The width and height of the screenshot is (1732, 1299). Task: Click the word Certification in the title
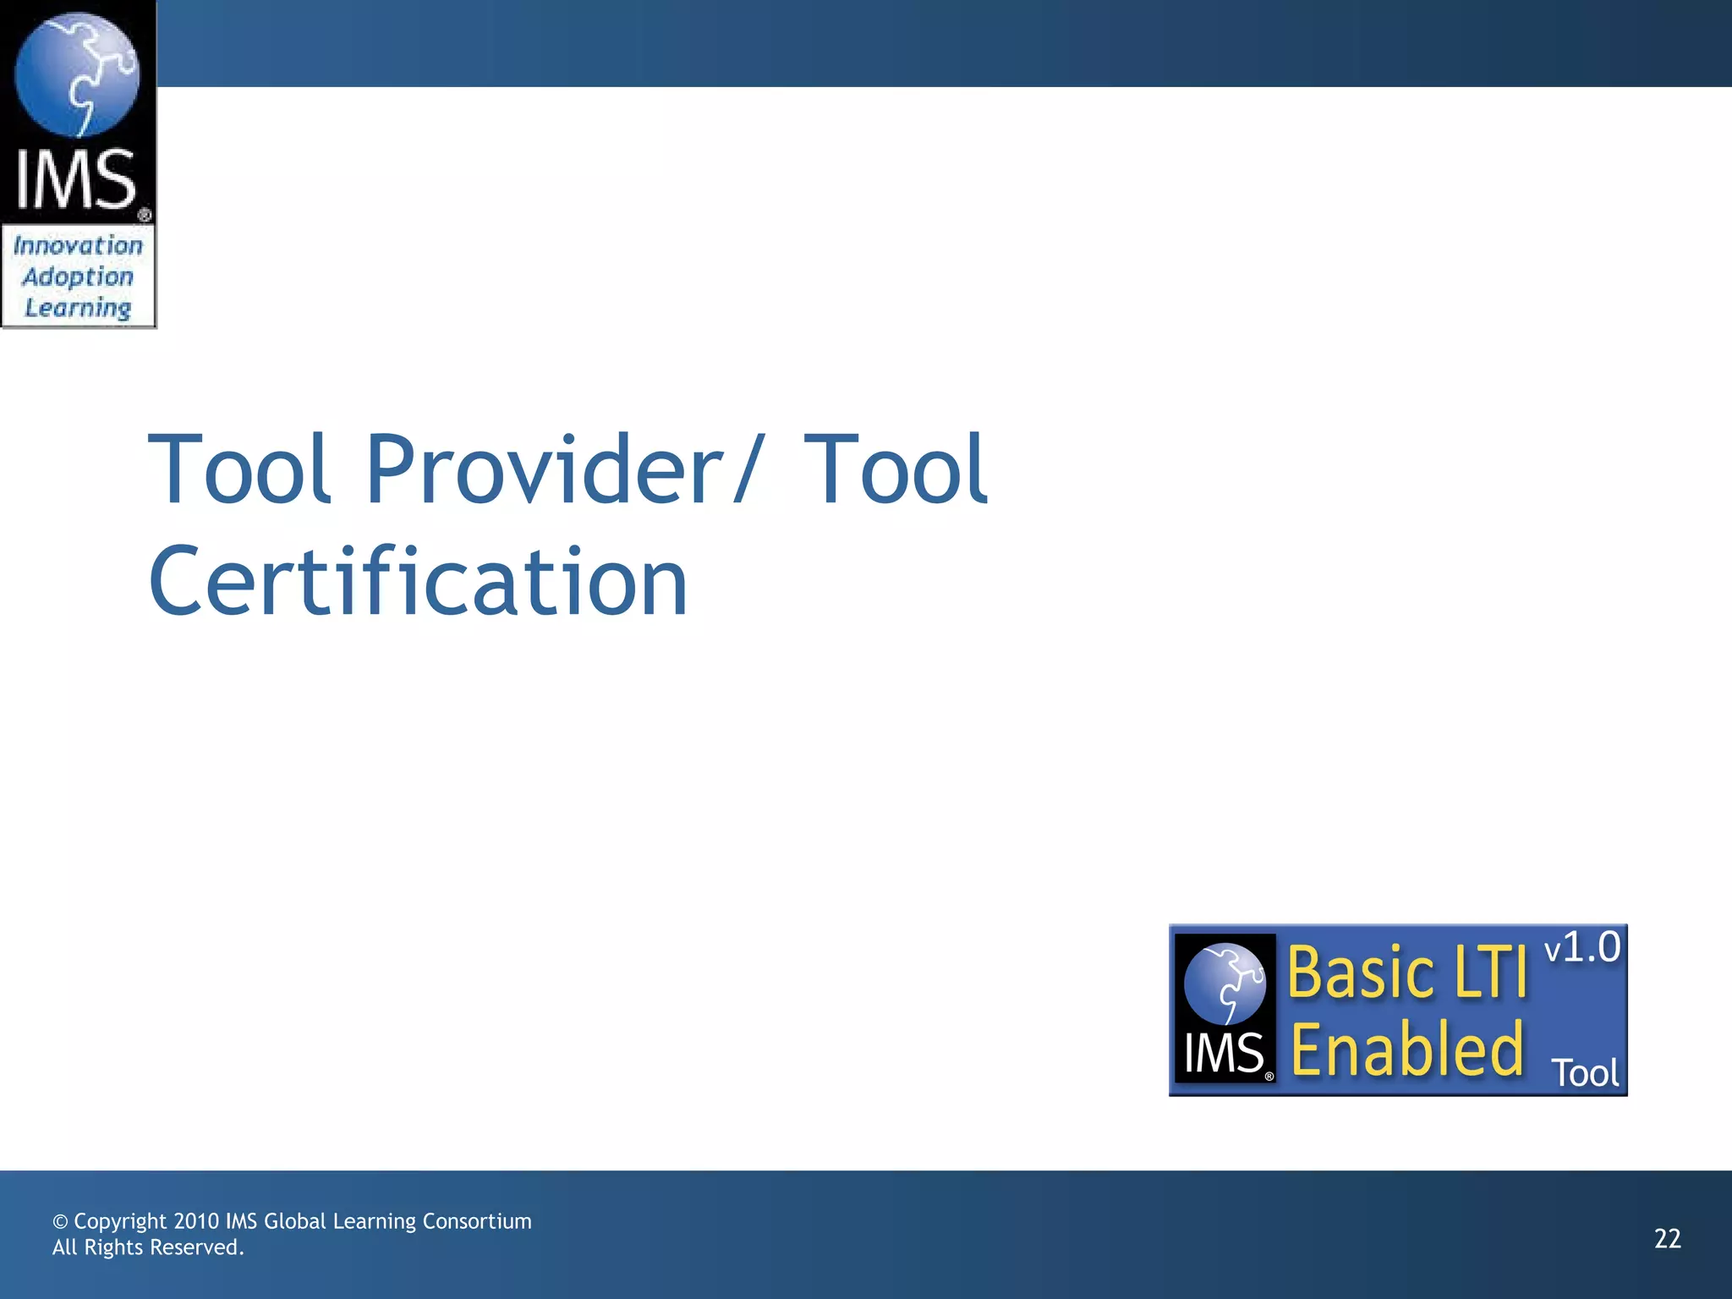(x=418, y=582)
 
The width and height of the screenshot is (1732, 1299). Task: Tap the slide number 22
(x=1667, y=1239)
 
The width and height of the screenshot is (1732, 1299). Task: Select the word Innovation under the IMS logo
(x=78, y=246)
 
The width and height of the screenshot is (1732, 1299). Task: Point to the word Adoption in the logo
(x=78, y=277)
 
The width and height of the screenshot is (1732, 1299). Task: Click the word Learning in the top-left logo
(x=78, y=309)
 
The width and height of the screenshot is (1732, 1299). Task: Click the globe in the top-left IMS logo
(x=77, y=74)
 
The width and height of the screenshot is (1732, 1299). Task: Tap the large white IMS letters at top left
(x=76, y=179)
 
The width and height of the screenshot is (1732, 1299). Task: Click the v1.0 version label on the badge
(x=1581, y=947)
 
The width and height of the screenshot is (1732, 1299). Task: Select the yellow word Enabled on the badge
(x=1407, y=1050)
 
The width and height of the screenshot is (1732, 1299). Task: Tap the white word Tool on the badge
(x=1585, y=1074)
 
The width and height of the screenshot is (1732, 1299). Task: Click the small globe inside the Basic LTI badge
(x=1225, y=983)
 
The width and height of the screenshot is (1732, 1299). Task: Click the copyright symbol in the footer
(x=60, y=1222)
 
